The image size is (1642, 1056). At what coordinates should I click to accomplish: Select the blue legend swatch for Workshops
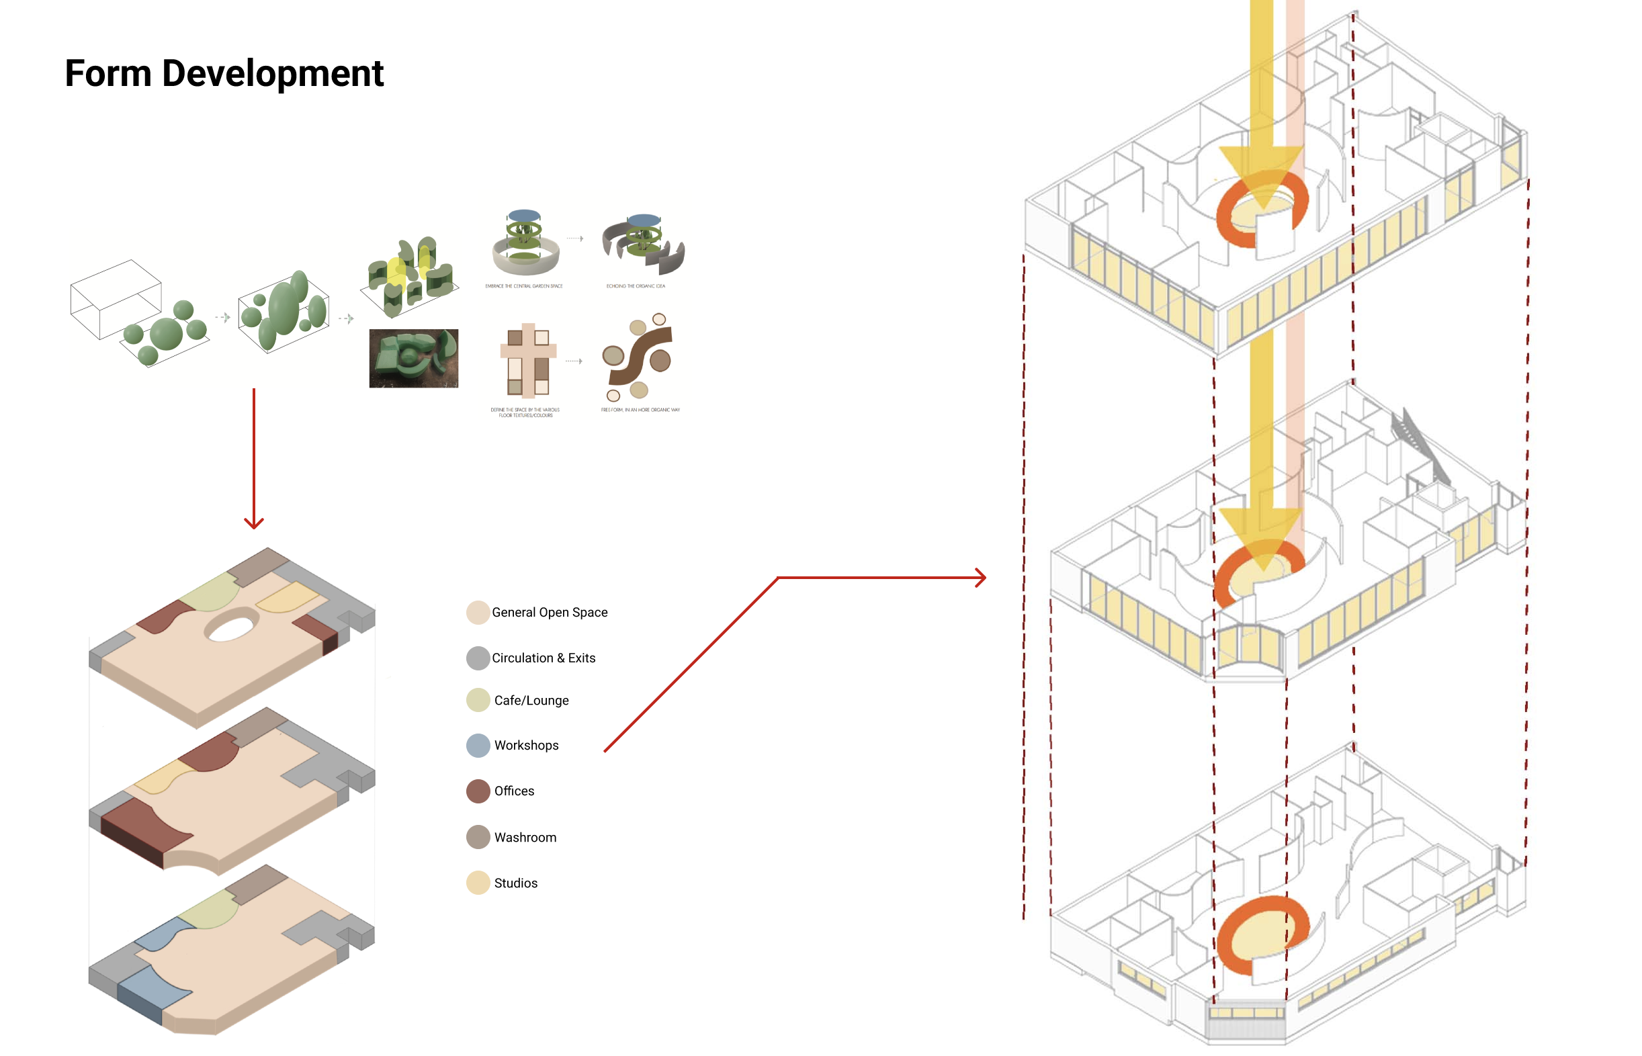pos(478,746)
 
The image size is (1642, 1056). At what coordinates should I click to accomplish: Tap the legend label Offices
pos(513,791)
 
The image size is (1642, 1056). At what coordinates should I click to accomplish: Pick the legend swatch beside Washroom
pos(478,836)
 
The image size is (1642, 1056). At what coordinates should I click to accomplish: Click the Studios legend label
pos(515,883)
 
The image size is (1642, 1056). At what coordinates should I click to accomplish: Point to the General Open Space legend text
pos(549,613)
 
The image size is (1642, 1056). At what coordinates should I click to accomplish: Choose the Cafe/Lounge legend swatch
pos(478,700)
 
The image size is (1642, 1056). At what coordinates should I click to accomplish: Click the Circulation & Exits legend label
pos(543,658)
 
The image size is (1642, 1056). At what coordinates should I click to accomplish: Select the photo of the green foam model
pos(413,358)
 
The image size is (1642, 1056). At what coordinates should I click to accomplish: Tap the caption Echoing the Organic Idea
pos(636,286)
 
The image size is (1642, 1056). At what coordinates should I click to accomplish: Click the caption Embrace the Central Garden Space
pos(524,286)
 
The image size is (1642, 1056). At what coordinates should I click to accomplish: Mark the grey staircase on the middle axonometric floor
pos(1419,446)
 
